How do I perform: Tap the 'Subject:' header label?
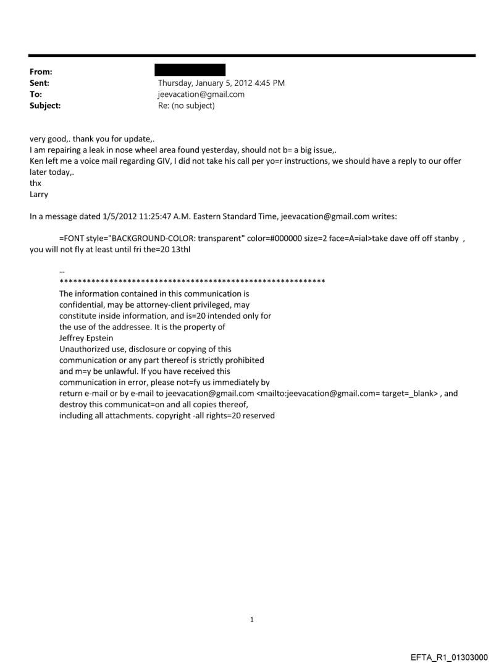coord(45,106)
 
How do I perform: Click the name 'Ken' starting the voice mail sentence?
coord(37,154)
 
